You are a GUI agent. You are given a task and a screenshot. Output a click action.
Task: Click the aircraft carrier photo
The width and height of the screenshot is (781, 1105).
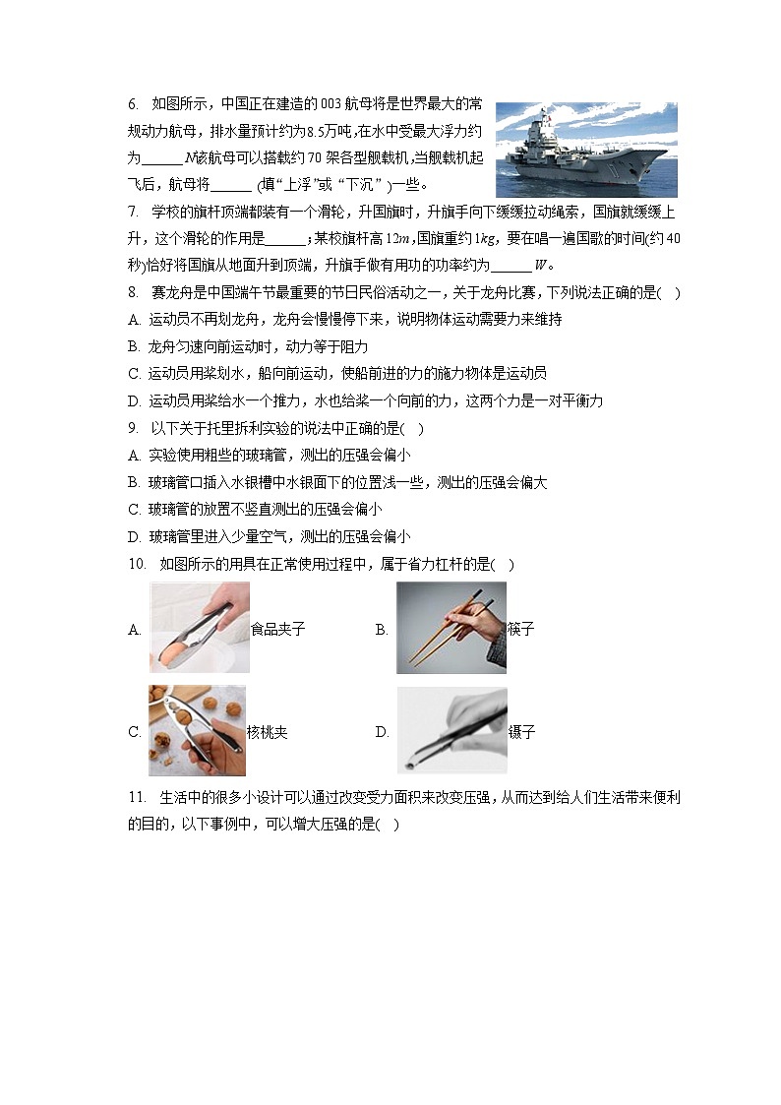(x=586, y=150)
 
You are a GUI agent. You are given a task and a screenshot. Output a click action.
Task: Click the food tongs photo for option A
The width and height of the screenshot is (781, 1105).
(x=199, y=627)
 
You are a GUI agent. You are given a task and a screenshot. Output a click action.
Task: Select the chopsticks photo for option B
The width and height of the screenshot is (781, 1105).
(x=451, y=627)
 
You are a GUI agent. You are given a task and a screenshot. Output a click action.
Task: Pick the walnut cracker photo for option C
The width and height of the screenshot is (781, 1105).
(x=197, y=731)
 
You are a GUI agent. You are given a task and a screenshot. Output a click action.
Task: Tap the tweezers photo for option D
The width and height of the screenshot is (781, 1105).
(x=451, y=730)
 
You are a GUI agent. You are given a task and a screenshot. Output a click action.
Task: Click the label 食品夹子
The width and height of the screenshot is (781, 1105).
(x=278, y=630)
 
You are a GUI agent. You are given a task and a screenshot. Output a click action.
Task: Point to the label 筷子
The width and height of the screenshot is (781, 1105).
(x=521, y=630)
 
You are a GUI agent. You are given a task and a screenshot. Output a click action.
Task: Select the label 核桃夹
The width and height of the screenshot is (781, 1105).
(x=268, y=733)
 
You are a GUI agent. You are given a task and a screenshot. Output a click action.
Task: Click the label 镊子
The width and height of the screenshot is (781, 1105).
(x=521, y=733)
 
